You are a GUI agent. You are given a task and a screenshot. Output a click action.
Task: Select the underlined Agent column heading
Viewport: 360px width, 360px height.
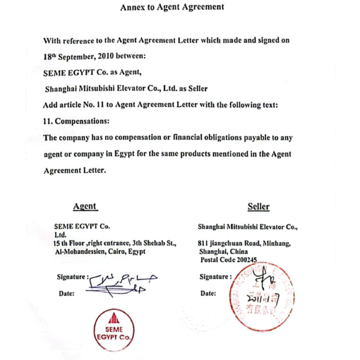tap(85, 206)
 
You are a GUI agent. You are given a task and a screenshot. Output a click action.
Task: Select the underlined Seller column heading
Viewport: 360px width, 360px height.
tap(258, 206)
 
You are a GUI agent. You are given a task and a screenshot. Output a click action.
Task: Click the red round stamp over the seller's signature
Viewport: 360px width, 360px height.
tap(262, 295)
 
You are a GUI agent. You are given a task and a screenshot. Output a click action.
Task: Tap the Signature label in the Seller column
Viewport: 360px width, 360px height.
tap(215, 277)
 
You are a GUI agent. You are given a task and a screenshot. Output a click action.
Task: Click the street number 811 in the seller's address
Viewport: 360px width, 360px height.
tap(204, 244)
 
